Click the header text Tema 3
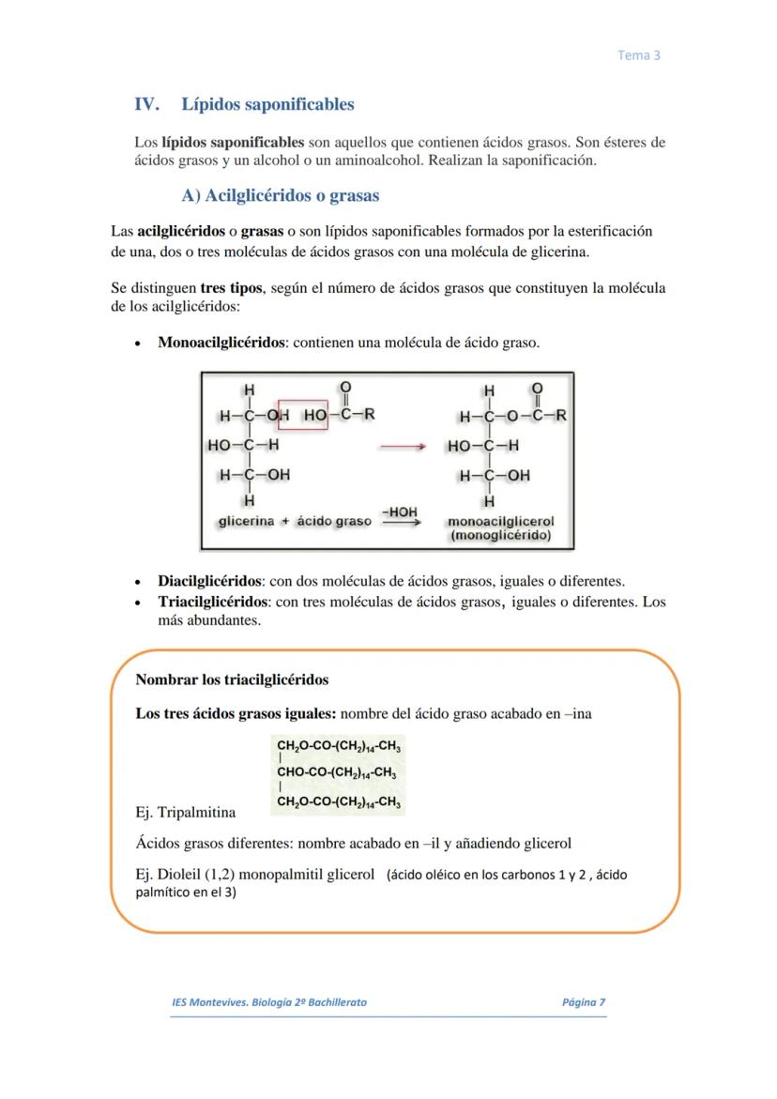[x=639, y=55]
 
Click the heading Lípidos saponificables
[x=267, y=104]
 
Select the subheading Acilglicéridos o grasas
[x=281, y=196]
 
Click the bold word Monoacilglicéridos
[x=221, y=343]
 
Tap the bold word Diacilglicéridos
[x=209, y=582]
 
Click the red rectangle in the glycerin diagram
[x=302, y=414]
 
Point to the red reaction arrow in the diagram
[x=403, y=447]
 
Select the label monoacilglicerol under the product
[x=501, y=522]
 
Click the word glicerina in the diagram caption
[x=246, y=521]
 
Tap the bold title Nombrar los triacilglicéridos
[x=232, y=679]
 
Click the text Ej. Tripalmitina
[x=186, y=812]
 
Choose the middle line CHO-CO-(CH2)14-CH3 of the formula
[x=337, y=774]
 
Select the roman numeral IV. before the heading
[x=148, y=104]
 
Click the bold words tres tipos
[x=232, y=288]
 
